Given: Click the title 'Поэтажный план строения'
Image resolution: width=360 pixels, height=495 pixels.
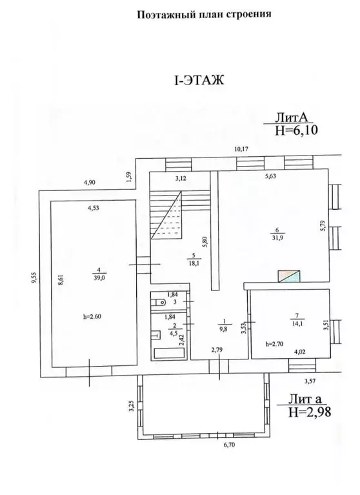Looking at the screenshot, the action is (204, 14).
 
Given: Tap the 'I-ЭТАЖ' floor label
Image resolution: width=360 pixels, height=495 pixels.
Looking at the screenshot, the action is (199, 80).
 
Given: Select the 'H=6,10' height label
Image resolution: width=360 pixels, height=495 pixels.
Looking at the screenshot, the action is (296, 130).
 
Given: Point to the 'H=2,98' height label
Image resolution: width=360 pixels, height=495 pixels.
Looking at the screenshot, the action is (310, 412).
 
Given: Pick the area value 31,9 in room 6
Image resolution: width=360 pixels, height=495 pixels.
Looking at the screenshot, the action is (276, 238).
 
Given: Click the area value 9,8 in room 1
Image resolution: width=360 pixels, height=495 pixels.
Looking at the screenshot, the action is (225, 328).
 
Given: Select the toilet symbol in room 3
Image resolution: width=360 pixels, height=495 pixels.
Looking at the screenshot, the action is (159, 303).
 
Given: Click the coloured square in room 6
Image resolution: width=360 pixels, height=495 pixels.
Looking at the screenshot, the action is (288, 277).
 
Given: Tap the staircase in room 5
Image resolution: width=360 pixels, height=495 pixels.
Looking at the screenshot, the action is (180, 215).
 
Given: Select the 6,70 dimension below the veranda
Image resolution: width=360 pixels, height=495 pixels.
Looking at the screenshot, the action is (230, 445).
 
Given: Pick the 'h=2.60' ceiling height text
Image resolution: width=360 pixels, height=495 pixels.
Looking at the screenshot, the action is (92, 317).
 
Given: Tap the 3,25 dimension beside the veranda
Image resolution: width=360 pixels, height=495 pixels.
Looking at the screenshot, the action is (132, 406).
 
